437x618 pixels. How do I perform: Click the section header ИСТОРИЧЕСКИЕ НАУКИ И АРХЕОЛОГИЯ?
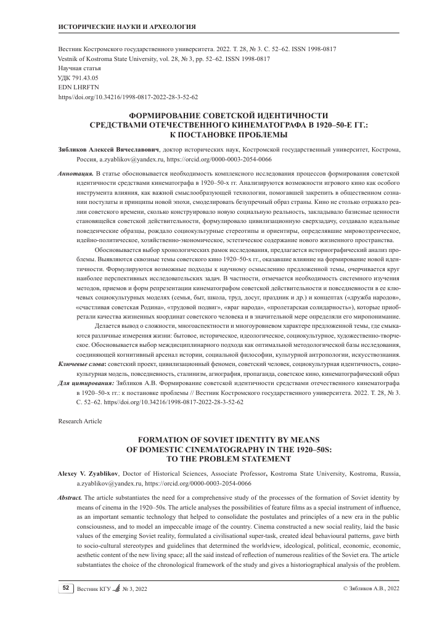click(x=126, y=28)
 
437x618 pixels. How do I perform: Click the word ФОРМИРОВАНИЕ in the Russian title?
click(x=165, y=115)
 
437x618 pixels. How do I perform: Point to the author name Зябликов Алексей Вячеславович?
click(x=108, y=150)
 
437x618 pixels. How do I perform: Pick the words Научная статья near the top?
click(x=80, y=68)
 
